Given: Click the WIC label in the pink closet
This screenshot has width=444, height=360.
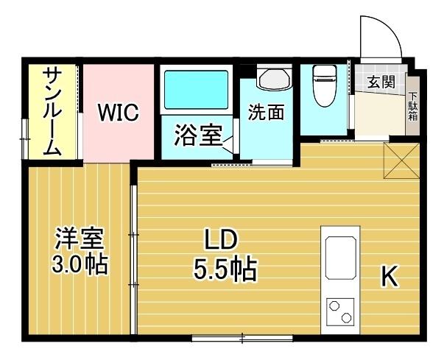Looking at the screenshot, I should pyautogui.click(x=119, y=113).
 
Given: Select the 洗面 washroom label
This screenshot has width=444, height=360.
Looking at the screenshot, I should pyautogui.click(x=265, y=113).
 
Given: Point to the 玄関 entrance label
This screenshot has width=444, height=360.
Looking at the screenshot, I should pyautogui.click(x=381, y=82).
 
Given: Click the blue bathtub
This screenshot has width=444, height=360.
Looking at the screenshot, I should pyautogui.click(x=195, y=90).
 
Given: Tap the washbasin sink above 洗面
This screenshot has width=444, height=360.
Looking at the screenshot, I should pyautogui.click(x=274, y=80).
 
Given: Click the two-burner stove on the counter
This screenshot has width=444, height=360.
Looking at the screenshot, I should pyautogui.click(x=341, y=311).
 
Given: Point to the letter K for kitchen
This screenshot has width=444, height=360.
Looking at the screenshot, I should pyautogui.click(x=390, y=277).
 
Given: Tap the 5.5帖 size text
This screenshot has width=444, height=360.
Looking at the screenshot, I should pyautogui.click(x=225, y=271).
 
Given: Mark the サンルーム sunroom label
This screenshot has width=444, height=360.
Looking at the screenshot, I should pyautogui.click(x=52, y=110).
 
